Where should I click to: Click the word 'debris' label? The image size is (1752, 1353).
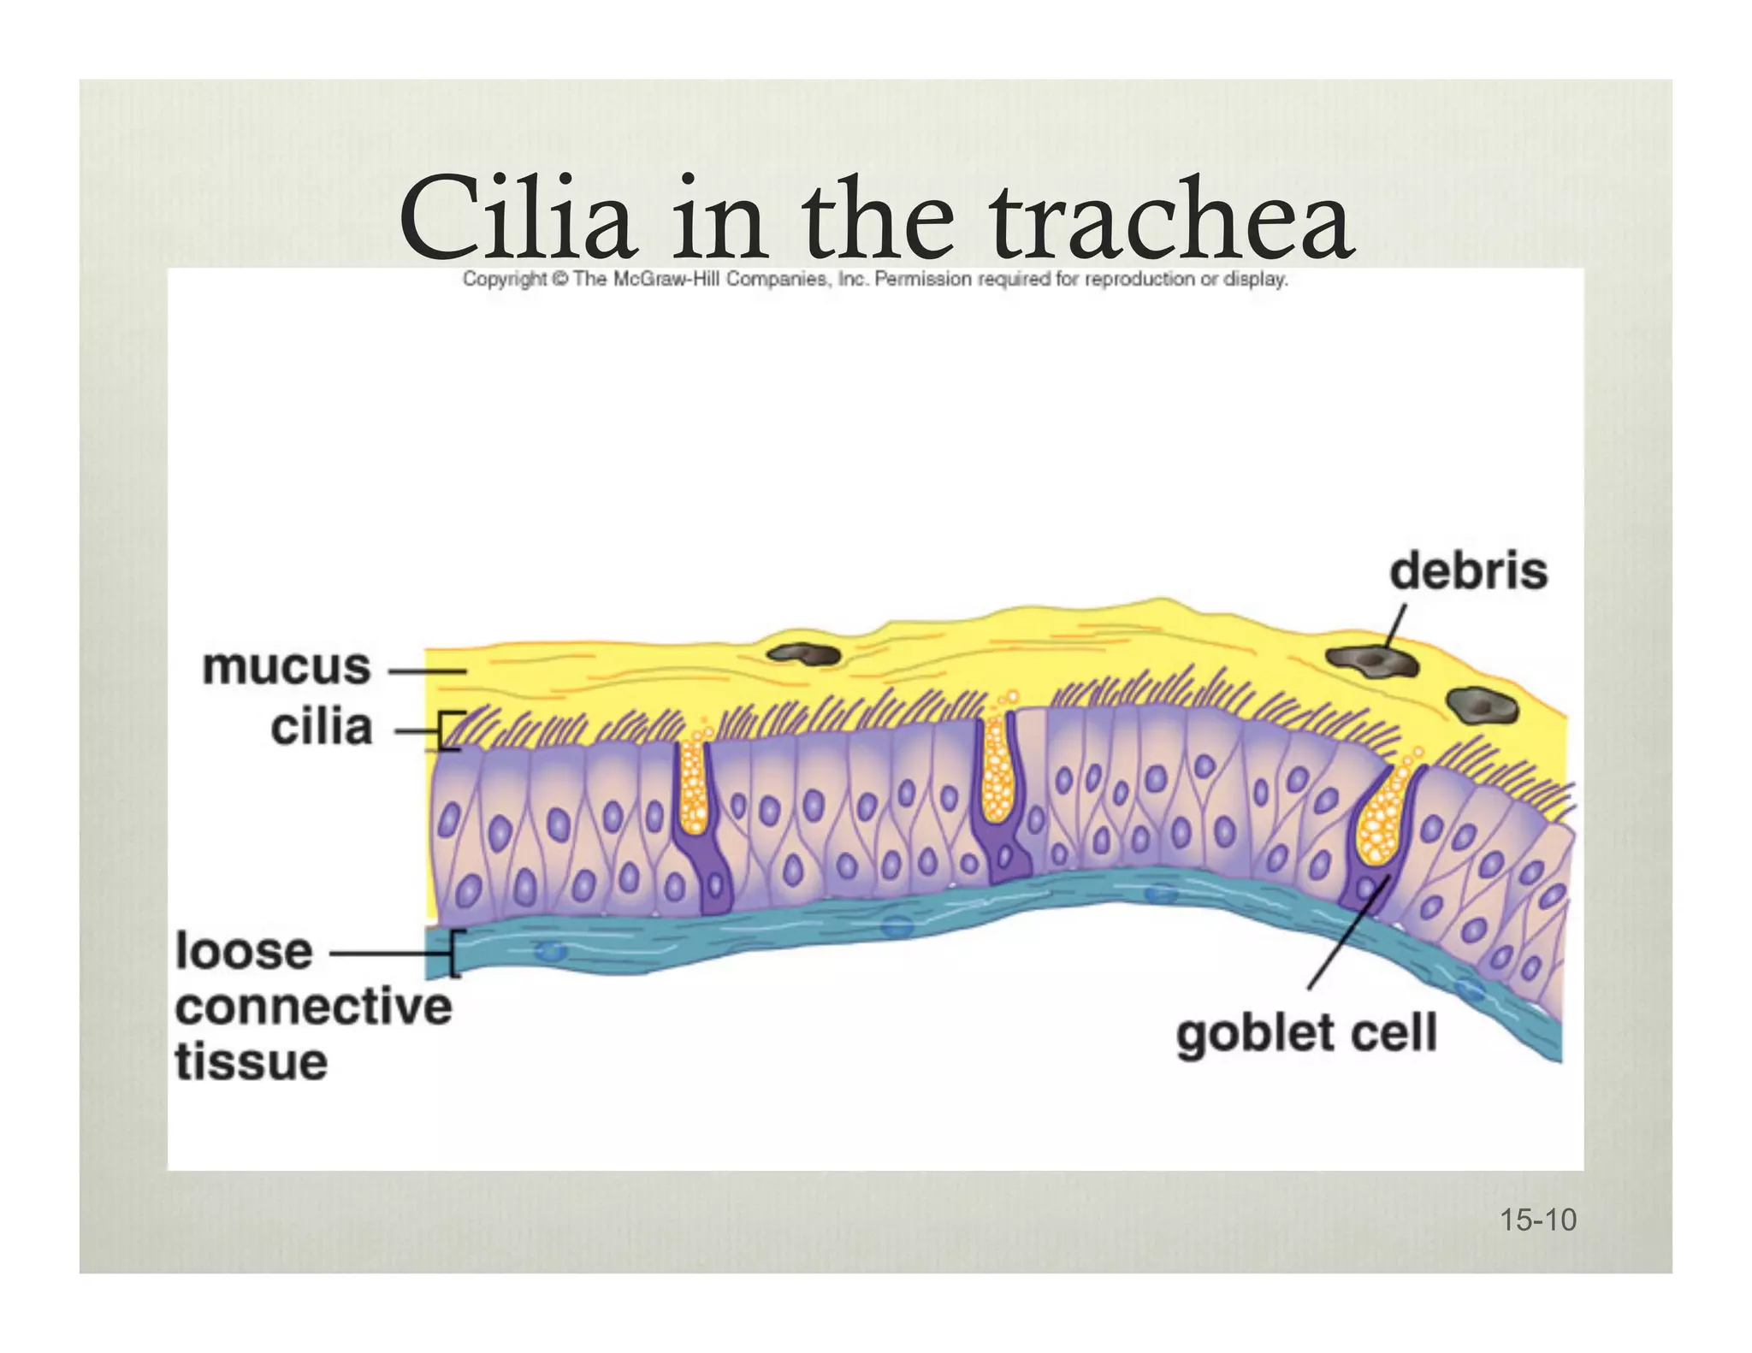coord(1468,570)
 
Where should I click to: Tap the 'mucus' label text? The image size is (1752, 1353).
coord(287,666)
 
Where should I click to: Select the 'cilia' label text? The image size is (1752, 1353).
coord(322,728)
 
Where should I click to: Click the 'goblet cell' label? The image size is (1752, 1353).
coord(1306,1034)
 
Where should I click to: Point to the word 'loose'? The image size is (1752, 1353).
coord(245,951)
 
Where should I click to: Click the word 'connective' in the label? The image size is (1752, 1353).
coord(313,1007)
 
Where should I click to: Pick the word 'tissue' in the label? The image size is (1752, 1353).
coord(252,1062)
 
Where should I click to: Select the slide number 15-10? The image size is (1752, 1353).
coord(1537,1220)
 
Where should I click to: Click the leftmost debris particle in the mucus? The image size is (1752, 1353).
coord(803,655)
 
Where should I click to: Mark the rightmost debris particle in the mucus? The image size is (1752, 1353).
coord(1483,706)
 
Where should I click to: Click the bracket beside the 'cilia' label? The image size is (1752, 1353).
coord(449,730)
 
